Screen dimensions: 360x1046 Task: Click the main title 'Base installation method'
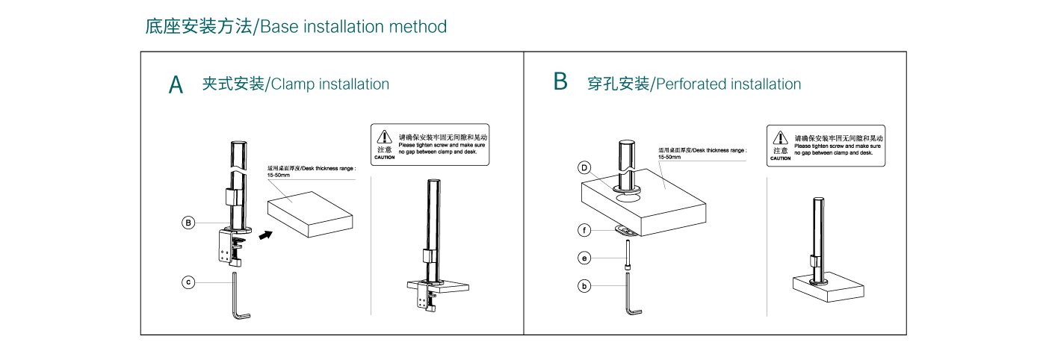pyautogui.click(x=296, y=27)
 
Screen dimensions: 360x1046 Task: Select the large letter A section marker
pyautogui.click(x=176, y=84)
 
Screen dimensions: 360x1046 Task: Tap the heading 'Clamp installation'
pyautogui.click(x=295, y=84)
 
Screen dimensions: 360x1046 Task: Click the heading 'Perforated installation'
pyautogui.click(x=694, y=84)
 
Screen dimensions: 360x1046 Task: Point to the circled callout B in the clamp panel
pyautogui.click(x=189, y=223)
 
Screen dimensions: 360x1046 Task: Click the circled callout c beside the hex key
pyautogui.click(x=189, y=282)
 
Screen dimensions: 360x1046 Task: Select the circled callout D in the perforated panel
pyautogui.click(x=585, y=168)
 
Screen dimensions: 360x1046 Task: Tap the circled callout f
pyautogui.click(x=585, y=230)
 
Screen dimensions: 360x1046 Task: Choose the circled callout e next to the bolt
pyautogui.click(x=585, y=258)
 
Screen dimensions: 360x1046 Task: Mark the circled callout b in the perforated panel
pyautogui.click(x=585, y=285)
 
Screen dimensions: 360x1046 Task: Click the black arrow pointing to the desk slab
pyautogui.click(x=264, y=235)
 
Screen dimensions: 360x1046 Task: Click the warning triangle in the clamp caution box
pyautogui.click(x=384, y=137)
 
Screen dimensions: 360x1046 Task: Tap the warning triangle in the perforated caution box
pyautogui.click(x=780, y=137)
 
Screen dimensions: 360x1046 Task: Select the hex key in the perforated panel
pyautogui.click(x=631, y=294)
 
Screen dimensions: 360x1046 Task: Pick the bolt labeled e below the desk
pyautogui.click(x=628, y=254)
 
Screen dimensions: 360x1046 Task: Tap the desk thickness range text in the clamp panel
pyautogui.click(x=312, y=172)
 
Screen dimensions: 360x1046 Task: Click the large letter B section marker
pyautogui.click(x=560, y=81)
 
